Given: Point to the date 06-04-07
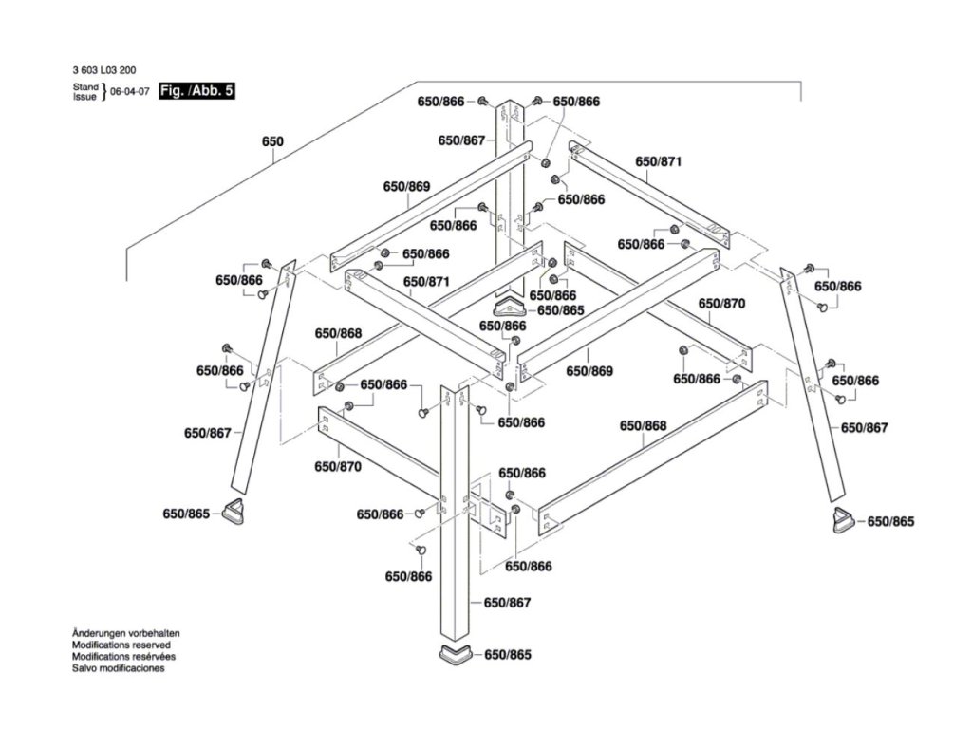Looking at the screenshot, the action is point(130,92).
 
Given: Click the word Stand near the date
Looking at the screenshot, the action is point(85,86).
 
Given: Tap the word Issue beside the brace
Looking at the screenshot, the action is point(85,97).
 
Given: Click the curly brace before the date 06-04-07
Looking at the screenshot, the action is point(104,92).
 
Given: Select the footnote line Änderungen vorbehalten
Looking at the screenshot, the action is point(126,633).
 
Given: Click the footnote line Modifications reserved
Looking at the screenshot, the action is point(122,645).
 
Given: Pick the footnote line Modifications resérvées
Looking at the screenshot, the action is point(123,656).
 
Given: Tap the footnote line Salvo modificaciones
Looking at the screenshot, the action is point(119,668).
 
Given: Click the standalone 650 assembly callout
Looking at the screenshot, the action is point(272,141).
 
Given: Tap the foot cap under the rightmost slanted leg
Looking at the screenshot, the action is point(841,521).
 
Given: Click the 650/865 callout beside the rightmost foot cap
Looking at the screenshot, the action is point(890,522).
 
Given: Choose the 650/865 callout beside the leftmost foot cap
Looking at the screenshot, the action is point(187,514).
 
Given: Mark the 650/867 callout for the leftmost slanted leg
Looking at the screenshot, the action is point(208,433).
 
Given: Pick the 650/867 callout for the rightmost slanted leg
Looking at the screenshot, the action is point(864,428).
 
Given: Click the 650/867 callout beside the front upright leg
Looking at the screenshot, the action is point(508,604).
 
